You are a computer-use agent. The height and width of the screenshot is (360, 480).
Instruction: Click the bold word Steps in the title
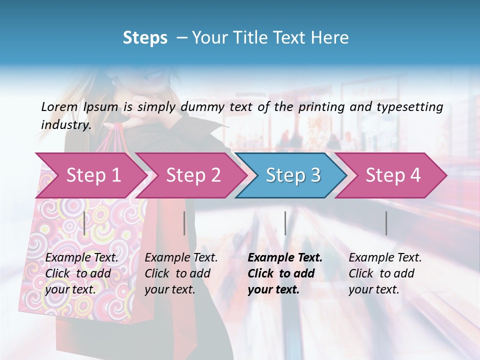tap(145, 38)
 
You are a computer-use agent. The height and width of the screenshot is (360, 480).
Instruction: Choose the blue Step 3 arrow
tap(293, 175)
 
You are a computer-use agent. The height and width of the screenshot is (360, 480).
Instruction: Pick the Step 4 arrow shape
tap(393, 175)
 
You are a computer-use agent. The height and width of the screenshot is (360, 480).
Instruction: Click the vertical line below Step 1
tap(84, 223)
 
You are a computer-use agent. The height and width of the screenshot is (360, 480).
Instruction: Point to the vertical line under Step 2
tap(184, 223)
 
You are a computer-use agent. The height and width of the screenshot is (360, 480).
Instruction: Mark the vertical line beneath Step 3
tap(285, 223)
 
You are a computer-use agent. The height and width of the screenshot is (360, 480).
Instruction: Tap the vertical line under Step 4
tap(386, 223)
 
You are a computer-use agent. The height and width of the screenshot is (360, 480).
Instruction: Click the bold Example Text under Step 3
tap(285, 258)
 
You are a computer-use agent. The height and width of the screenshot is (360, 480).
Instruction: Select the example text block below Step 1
tap(81, 273)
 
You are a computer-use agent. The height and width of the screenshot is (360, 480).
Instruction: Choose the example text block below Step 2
tap(181, 273)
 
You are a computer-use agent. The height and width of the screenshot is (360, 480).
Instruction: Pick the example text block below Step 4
tap(385, 273)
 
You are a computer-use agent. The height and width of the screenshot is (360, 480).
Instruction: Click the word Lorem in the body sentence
tap(59, 106)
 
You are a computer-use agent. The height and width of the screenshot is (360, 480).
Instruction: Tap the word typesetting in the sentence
tap(414, 106)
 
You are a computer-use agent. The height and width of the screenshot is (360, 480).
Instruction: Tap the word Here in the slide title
tap(331, 38)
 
